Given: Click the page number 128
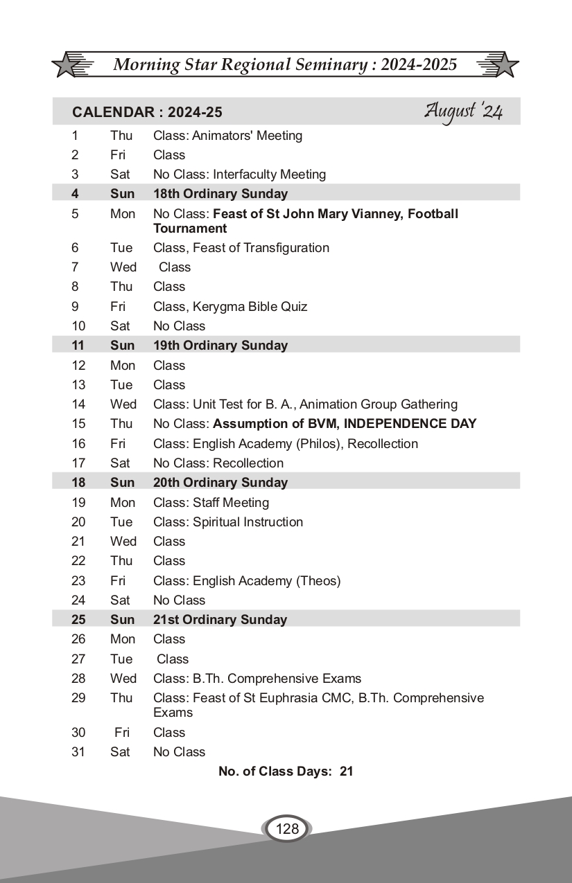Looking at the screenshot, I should coord(287,828).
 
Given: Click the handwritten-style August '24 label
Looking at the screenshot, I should coord(463,112).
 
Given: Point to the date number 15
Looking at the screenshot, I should coord(78,423).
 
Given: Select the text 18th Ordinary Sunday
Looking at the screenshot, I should coord(220,194).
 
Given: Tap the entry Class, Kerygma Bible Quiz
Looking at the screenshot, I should coord(229,306).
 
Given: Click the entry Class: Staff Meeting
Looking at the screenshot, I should coord(211,502).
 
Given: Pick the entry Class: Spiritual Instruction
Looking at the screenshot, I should coord(227,521).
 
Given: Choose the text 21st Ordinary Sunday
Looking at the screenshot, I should coord(220,620).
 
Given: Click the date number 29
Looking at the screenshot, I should coord(78,698).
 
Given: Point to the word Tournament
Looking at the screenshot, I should coord(190,229).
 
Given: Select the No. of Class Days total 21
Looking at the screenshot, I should coord(346,771).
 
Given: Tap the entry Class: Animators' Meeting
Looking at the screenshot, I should coord(227,136).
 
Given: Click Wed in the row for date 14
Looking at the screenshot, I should coord(123,404).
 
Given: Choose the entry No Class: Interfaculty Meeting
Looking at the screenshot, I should coord(239,175).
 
